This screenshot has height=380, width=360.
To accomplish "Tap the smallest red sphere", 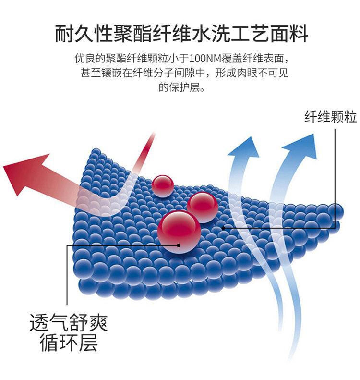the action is pos(163,185).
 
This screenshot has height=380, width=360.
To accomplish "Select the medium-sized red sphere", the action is pos(202,206).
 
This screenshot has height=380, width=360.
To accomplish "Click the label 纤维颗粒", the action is pos(330,117).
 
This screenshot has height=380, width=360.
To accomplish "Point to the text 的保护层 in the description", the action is pos(177,87).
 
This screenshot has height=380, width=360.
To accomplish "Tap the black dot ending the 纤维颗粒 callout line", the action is pos(223,227).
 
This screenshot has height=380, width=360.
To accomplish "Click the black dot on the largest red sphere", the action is pos(179,245).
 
